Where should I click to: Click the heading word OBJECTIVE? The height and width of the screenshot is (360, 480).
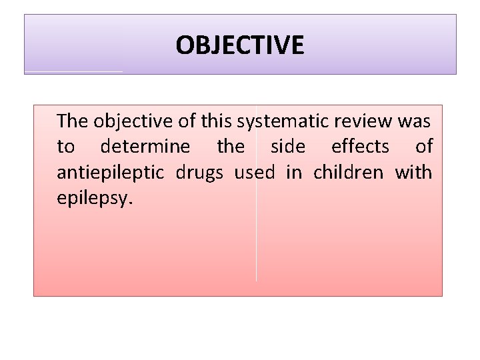240,45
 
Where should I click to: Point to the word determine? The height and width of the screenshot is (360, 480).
145,147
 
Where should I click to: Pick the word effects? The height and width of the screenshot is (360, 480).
360,147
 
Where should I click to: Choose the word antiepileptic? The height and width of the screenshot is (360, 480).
111,173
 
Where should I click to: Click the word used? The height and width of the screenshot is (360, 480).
254,173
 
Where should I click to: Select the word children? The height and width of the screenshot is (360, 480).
348,173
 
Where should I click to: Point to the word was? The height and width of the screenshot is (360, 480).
415,121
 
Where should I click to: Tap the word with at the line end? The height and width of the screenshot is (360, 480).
413,173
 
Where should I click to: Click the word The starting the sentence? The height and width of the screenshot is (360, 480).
72,121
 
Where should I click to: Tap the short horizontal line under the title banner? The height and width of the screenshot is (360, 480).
73,71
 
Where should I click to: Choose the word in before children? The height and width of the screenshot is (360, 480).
293,173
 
